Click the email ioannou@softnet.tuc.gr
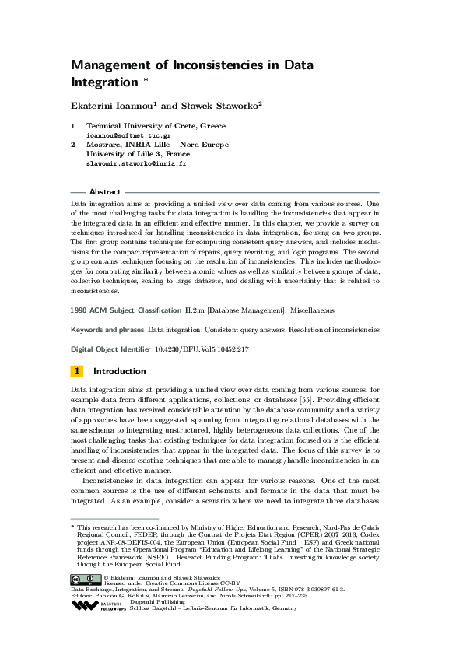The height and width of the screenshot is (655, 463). tap(128, 135)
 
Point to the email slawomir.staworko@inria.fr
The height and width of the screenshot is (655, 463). tap(136, 164)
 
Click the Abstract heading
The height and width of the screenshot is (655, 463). tap(105, 192)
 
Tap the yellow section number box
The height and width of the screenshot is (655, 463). tap(78, 371)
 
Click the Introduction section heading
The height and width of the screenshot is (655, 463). tap(119, 371)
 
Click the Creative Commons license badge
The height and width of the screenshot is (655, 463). tap(85, 579)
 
